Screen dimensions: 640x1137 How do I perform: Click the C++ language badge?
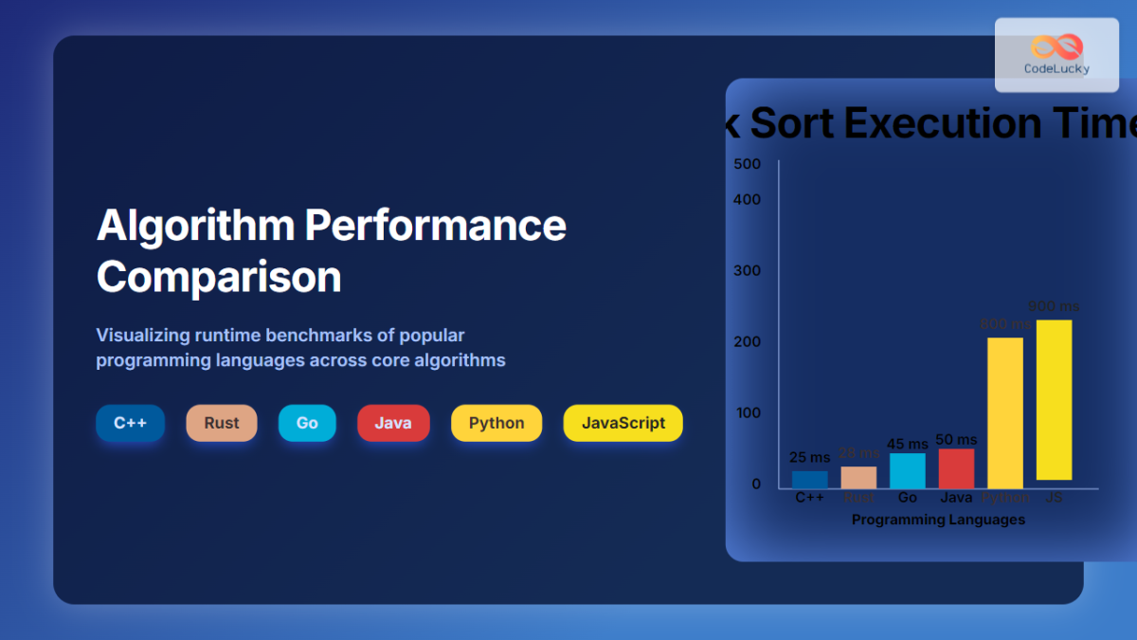(x=130, y=423)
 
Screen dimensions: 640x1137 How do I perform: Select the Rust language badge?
(x=222, y=423)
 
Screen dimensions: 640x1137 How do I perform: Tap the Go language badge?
(x=307, y=423)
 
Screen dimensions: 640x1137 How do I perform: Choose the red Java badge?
(x=393, y=423)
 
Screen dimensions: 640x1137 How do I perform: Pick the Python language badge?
(x=496, y=423)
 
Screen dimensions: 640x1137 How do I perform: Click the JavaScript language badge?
(x=623, y=423)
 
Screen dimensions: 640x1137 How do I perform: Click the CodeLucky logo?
(x=1056, y=55)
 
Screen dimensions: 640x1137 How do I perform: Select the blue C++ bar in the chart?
(x=809, y=480)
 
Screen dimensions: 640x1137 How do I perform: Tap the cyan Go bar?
(x=908, y=471)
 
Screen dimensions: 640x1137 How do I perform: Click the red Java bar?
(x=956, y=468)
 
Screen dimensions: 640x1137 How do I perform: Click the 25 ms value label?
(x=809, y=458)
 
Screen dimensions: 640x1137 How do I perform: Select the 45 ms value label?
(x=908, y=444)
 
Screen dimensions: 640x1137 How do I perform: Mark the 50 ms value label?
(x=956, y=440)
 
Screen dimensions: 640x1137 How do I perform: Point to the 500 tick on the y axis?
(x=748, y=164)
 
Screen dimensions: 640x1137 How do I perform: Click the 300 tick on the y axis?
(x=748, y=270)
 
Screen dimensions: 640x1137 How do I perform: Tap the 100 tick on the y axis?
(x=748, y=412)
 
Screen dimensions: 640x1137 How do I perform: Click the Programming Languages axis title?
(x=938, y=520)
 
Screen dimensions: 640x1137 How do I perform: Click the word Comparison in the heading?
(x=219, y=277)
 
